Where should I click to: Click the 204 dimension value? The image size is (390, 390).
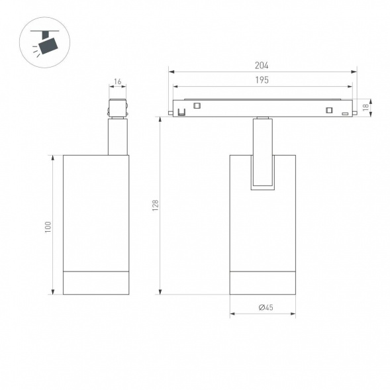point(262,66)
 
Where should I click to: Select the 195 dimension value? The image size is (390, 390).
point(262,81)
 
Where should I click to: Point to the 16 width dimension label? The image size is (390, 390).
point(118,82)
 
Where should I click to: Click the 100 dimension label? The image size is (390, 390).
point(47,226)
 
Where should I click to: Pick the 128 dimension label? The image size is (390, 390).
point(155,205)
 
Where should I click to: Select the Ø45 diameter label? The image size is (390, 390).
point(263,307)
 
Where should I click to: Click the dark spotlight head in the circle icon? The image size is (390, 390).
point(47,46)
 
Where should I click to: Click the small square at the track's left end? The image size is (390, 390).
point(197,105)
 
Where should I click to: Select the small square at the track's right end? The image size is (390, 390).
point(328,110)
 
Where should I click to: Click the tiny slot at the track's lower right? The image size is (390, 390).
point(345,115)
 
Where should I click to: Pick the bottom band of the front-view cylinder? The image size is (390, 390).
point(263,283)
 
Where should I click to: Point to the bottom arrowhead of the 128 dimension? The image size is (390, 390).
point(160,291)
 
